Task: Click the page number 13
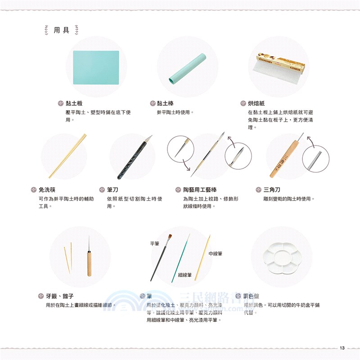click(342, 347)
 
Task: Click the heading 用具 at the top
click(61, 30)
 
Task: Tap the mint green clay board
click(96, 67)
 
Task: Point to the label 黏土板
click(74, 103)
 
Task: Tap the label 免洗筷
click(47, 190)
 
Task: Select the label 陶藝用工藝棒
click(200, 190)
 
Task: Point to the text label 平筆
click(155, 243)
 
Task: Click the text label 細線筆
click(184, 274)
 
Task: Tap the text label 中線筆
click(216, 254)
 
